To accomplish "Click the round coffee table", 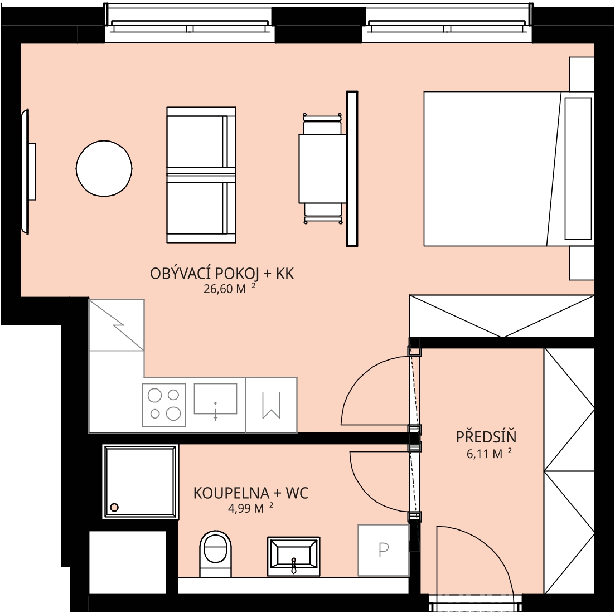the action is (x=104, y=168).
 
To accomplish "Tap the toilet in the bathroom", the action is (x=215, y=554).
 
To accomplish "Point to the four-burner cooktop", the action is (x=164, y=405).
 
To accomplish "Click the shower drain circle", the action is (x=114, y=508).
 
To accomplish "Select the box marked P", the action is (x=384, y=550).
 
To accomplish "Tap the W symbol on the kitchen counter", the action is (x=272, y=405).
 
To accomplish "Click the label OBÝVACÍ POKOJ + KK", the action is (x=222, y=274).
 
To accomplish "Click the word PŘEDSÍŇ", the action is (x=486, y=436).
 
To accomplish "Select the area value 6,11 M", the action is (x=489, y=454).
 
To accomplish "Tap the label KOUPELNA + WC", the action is (x=251, y=493).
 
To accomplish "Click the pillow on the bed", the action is (x=578, y=168).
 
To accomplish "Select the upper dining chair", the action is (x=323, y=124).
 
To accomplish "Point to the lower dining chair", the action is (x=323, y=213).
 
